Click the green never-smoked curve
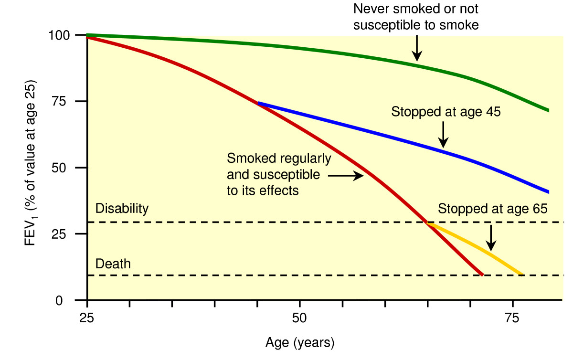coord(286,46)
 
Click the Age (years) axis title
coord(299,343)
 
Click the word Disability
coord(122,209)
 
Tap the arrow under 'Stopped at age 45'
coord(443,134)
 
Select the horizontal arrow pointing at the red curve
coord(346,176)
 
